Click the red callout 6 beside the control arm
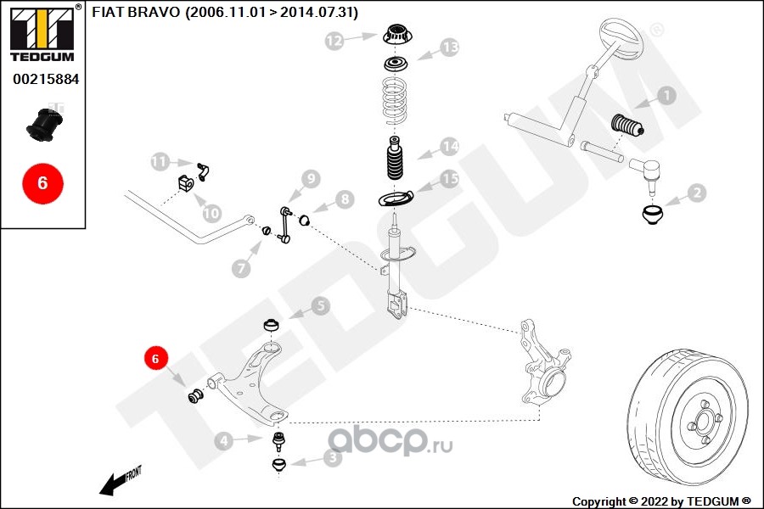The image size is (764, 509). (x=154, y=360)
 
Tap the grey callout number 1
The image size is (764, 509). (x=667, y=96)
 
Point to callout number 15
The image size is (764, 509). (x=450, y=179)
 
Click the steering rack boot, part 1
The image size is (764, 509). (x=629, y=126)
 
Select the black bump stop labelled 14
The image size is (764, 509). (x=395, y=159)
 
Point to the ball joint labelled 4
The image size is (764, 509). (x=278, y=439)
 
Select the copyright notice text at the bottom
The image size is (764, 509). (x=661, y=501)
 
